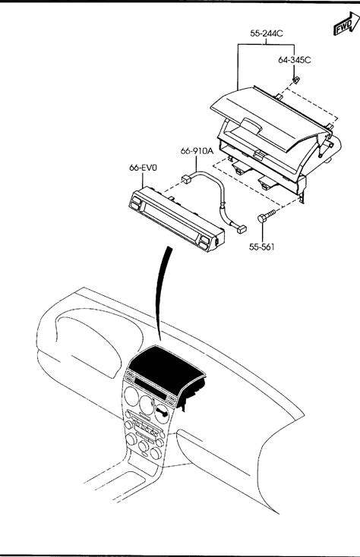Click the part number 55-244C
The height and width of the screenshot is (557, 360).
point(267,33)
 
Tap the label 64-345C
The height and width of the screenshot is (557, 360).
point(294,60)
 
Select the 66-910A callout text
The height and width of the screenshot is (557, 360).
point(197,151)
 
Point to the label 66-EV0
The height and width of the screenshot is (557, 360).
point(143,168)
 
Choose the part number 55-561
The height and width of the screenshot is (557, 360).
point(261,247)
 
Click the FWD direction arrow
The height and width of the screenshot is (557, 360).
point(346,24)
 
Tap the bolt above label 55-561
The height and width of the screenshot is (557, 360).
point(266,216)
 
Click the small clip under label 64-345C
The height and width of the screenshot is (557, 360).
point(295,80)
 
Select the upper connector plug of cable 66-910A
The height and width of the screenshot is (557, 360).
point(187,178)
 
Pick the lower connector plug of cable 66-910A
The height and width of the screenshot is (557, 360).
point(242,228)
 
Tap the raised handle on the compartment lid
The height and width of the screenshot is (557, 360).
point(251,125)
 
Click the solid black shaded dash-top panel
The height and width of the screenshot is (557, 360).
point(166,367)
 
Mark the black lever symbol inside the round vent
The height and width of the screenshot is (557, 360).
point(163,413)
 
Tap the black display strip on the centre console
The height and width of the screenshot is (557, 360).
point(150,389)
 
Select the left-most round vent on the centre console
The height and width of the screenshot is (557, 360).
point(131,396)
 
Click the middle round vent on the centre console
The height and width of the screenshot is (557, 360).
point(146,404)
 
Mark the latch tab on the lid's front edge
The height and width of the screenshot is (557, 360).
point(259,154)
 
